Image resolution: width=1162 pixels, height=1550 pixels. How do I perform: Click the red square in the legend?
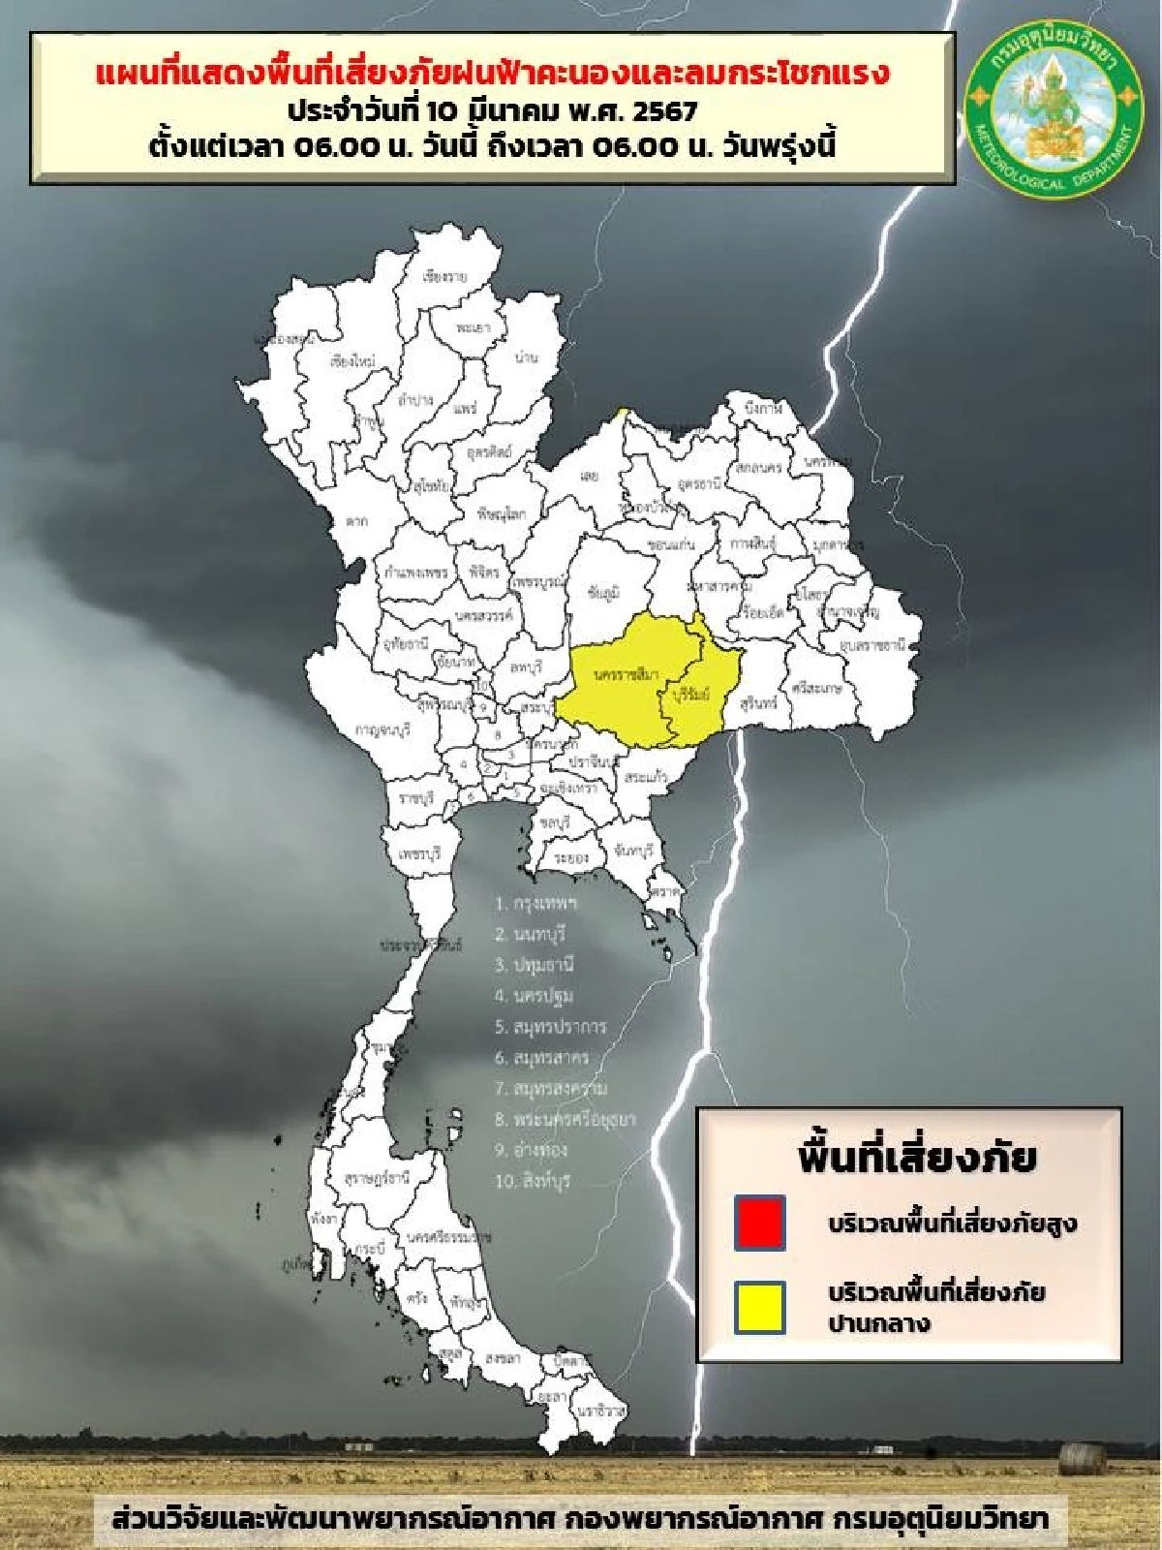coord(759,1223)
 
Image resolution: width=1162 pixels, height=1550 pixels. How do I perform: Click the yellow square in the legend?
coord(759,1308)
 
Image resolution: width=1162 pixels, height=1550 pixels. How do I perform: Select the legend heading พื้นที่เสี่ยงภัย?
coord(916,1157)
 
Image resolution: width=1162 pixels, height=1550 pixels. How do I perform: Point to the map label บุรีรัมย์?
coord(690,695)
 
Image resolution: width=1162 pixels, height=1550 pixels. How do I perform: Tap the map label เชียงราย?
coord(445,277)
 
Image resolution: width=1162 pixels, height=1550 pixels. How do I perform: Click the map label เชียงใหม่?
coord(352,362)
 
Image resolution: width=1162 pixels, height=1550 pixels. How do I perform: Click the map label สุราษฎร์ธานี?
coord(377,1178)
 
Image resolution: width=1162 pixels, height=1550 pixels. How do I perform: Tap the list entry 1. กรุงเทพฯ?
coord(535,903)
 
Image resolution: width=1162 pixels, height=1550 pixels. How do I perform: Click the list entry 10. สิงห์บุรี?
coord(532,1181)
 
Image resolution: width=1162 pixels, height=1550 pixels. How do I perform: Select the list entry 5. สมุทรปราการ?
coord(550,1027)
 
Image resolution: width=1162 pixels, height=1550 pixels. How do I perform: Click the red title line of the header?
coord(492,74)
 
